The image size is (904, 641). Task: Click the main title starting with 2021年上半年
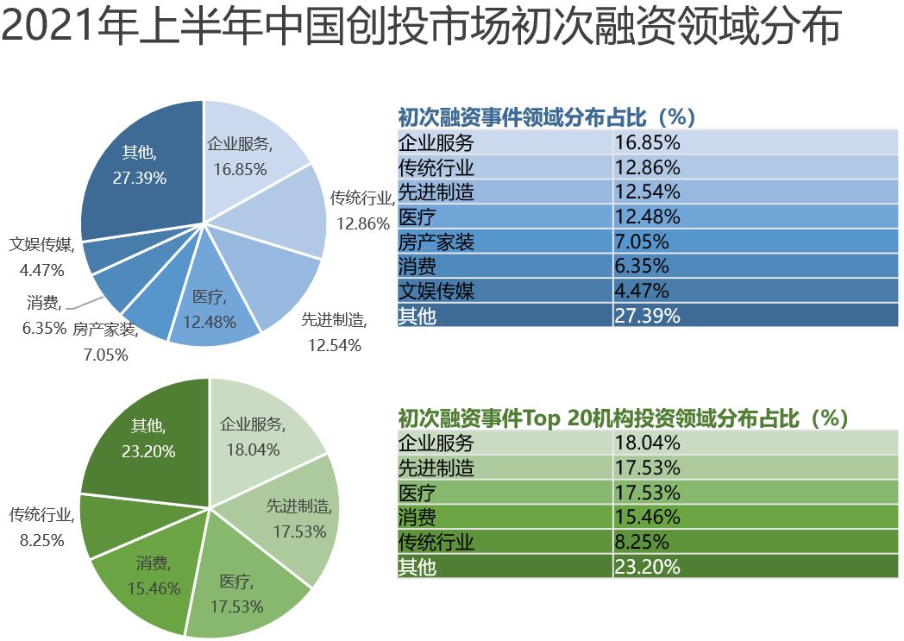(420, 28)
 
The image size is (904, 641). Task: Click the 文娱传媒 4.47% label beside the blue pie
(41, 257)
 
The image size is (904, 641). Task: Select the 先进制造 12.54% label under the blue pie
(334, 333)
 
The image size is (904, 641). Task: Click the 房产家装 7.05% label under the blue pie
(105, 342)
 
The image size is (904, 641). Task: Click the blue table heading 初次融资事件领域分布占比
(546, 117)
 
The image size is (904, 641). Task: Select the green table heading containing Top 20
(623, 418)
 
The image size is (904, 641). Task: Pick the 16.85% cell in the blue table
(647, 142)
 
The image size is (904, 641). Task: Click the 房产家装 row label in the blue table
(436, 242)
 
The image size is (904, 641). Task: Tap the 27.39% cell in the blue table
(647, 316)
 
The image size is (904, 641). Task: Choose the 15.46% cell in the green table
(647, 518)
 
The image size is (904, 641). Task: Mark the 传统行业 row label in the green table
(436, 543)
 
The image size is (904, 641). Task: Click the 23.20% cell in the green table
(647, 567)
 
